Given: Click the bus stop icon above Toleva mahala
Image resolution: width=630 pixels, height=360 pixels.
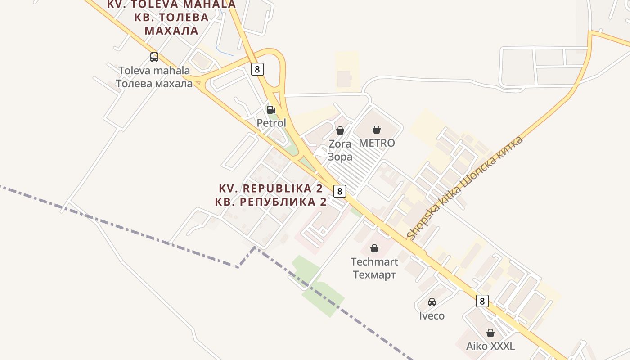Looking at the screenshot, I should [154, 57].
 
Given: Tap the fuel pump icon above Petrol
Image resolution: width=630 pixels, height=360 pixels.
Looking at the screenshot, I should [271, 109].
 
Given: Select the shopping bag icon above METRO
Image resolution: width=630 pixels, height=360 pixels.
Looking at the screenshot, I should [377, 130].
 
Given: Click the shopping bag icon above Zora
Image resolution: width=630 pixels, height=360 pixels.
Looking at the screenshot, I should [340, 130].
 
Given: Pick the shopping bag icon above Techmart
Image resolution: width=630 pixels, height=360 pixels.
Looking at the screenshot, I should [374, 248].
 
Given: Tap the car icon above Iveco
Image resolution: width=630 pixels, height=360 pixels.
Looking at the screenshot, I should [432, 302].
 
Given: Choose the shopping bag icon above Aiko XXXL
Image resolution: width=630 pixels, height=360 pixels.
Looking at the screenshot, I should [490, 333].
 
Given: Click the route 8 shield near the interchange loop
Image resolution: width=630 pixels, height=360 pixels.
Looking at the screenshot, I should [257, 69].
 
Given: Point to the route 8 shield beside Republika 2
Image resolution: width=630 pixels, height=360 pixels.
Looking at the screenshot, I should [340, 191].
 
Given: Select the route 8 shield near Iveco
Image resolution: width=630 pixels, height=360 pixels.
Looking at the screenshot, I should [482, 301].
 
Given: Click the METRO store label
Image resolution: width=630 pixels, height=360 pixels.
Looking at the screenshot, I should [377, 143].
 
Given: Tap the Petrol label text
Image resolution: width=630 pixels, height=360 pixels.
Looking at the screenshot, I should [271, 123].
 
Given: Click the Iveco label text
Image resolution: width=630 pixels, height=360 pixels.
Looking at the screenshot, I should [432, 316].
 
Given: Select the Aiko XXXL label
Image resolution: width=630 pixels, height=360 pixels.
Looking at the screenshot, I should [490, 346].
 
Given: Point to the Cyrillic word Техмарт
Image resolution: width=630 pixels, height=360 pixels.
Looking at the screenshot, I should [374, 274].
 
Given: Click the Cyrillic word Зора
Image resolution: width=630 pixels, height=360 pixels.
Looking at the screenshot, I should [340, 157].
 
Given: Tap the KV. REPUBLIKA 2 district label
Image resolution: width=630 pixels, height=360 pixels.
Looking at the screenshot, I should [271, 188].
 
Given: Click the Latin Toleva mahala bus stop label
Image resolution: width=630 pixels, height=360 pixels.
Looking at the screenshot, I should [154, 71].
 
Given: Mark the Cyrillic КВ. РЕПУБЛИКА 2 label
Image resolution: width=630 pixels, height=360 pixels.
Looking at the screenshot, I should [271, 202].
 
